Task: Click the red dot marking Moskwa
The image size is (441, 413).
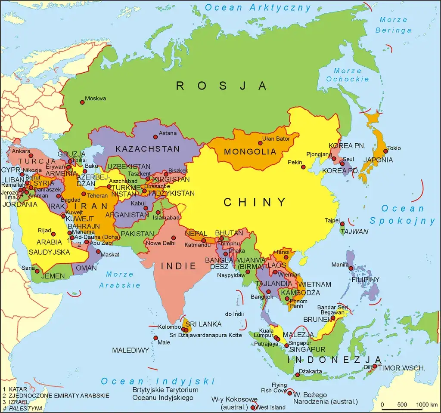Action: pyautogui.click(x=82, y=102)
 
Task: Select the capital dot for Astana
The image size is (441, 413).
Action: pyautogui.click(x=155, y=137)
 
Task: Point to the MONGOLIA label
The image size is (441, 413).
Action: pyautogui.click(x=250, y=152)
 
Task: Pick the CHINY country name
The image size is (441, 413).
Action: pyautogui.click(x=255, y=202)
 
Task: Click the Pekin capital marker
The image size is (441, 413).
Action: pyautogui.click(x=303, y=167)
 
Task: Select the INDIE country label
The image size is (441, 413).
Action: pyautogui.click(x=178, y=266)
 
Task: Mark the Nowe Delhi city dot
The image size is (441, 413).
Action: pyautogui.click(x=173, y=237)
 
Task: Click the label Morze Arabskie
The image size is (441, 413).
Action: pyautogui.click(x=120, y=280)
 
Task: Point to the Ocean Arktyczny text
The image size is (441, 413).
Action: pyautogui.click(x=258, y=7)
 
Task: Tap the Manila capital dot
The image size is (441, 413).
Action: pyautogui.click(x=351, y=268)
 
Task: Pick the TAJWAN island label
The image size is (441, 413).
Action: pyautogui.click(x=354, y=231)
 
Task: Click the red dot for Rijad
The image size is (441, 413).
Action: pyautogui.click(x=53, y=234)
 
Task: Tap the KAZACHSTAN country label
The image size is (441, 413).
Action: pyautogui.click(x=147, y=149)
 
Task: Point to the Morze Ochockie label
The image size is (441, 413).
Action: pyautogui.click(x=348, y=75)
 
